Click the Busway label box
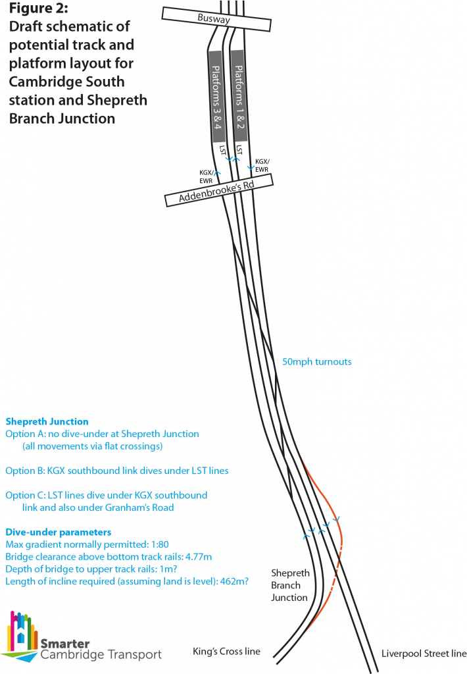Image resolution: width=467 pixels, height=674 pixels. [216, 19]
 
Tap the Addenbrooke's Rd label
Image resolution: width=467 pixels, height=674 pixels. [219, 190]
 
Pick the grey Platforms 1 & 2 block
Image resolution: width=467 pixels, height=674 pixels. [239, 95]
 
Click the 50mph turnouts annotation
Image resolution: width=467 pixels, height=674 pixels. [316, 362]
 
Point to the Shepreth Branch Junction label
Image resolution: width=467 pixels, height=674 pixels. [290, 585]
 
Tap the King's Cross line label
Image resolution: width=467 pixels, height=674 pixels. [226, 652]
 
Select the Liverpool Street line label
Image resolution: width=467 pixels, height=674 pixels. [424, 654]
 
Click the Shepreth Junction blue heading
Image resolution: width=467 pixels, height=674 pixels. [47, 422]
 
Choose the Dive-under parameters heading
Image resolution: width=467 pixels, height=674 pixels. [59, 532]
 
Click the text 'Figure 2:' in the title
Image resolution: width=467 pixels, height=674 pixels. [38, 8]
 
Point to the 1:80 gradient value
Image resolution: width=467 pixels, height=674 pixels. [160, 544]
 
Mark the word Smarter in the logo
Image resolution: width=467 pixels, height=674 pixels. [65, 644]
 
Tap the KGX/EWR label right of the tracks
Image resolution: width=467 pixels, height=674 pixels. [262, 165]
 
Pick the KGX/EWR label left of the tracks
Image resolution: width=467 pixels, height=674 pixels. [207, 176]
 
